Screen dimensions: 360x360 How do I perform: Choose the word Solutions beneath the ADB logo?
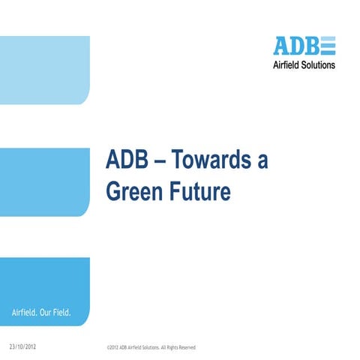click(319, 64)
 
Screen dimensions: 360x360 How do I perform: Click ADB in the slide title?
click(125, 161)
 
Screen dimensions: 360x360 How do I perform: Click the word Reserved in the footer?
click(184, 348)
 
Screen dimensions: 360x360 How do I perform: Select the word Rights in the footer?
click(166, 348)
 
